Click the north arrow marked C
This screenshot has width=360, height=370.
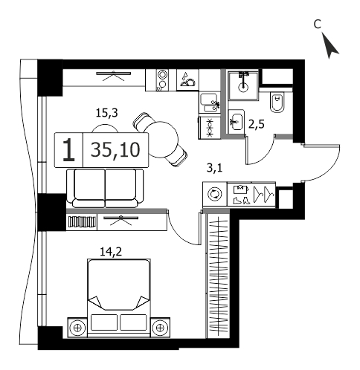pyautogui.click(x=330, y=46)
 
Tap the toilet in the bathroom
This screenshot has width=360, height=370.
pyautogui.click(x=277, y=103)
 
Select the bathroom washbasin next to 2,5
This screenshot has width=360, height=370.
pyautogui.click(x=237, y=122)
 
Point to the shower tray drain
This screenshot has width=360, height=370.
pyautogui.click(x=243, y=87)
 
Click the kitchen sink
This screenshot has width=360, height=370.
pyautogui.click(x=210, y=103)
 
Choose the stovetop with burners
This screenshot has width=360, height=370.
pyautogui.click(x=209, y=128)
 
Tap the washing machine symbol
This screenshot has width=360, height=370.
pyautogui.click(x=215, y=194)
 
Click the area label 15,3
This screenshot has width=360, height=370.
pyautogui.click(x=107, y=113)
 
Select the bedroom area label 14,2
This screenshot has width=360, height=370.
pyautogui.click(x=111, y=252)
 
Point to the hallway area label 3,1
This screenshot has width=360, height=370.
pyautogui.click(x=215, y=169)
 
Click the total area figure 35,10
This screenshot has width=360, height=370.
pyautogui.click(x=115, y=150)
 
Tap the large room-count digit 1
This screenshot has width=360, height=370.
pyautogui.click(x=68, y=150)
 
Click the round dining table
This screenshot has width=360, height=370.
pyautogui.click(x=161, y=140)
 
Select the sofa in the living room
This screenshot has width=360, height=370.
pyautogui.click(x=105, y=188)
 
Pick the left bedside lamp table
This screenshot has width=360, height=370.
pyautogui.click(x=77, y=328)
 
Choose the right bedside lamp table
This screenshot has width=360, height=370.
pyautogui.click(x=160, y=328)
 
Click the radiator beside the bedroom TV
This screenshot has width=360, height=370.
pyautogui.click(x=82, y=221)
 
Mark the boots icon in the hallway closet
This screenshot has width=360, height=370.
pyautogui.click(x=242, y=200)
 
